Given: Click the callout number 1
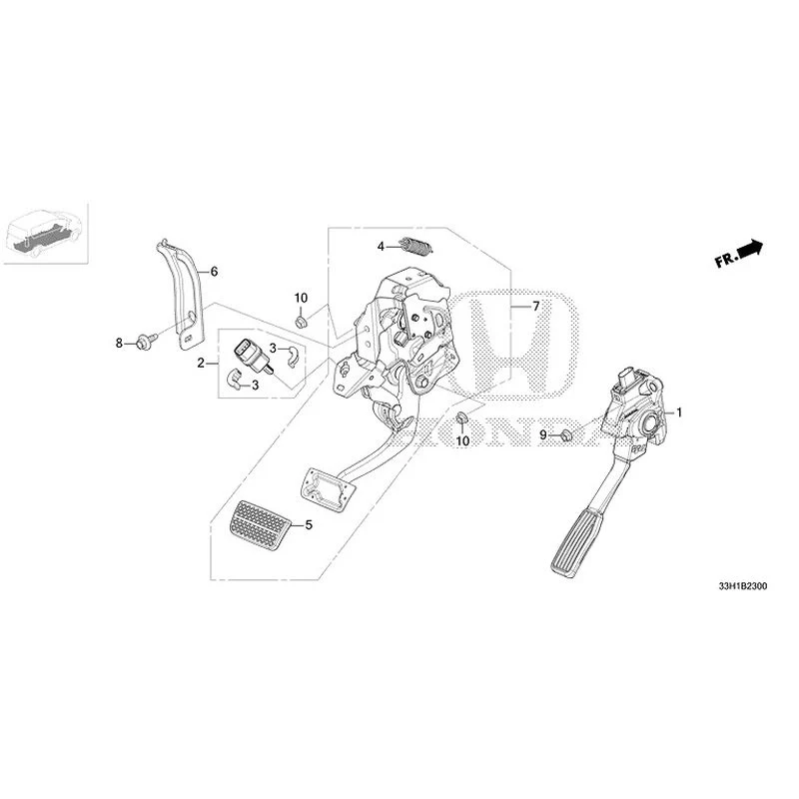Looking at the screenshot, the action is click(x=679, y=412).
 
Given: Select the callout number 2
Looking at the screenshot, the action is click(x=201, y=364).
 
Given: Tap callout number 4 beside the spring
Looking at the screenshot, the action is click(x=381, y=247).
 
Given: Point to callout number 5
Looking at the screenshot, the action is click(x=309, y=524).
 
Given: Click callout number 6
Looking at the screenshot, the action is click(x=214, y=272).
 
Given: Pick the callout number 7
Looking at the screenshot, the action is click(x=535, y=306).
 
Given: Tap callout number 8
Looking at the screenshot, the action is click(x=119, y=343).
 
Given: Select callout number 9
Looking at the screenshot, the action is click(x=543, y=434).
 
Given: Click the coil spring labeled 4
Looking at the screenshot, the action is click(x=416, y=247).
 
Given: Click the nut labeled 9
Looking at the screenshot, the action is click(x=565, y=435).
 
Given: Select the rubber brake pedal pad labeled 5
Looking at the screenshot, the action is click(x=260, y=526).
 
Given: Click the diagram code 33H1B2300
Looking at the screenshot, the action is click(x=742, y=586).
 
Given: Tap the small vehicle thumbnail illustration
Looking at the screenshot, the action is click(x=45, y=234).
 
